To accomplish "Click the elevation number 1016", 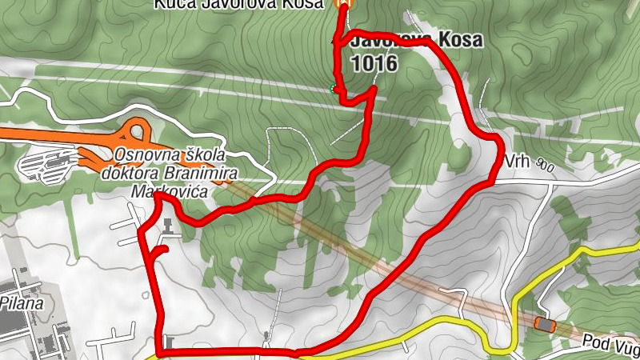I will [x=374, y=64].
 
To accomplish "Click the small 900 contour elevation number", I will [x=546, y=166].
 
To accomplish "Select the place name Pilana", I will [x=22, y=303].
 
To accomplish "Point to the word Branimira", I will [x=215, y=171].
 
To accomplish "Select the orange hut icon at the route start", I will [x=342, y=4].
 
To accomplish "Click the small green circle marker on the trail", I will [x=334, y=88].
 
